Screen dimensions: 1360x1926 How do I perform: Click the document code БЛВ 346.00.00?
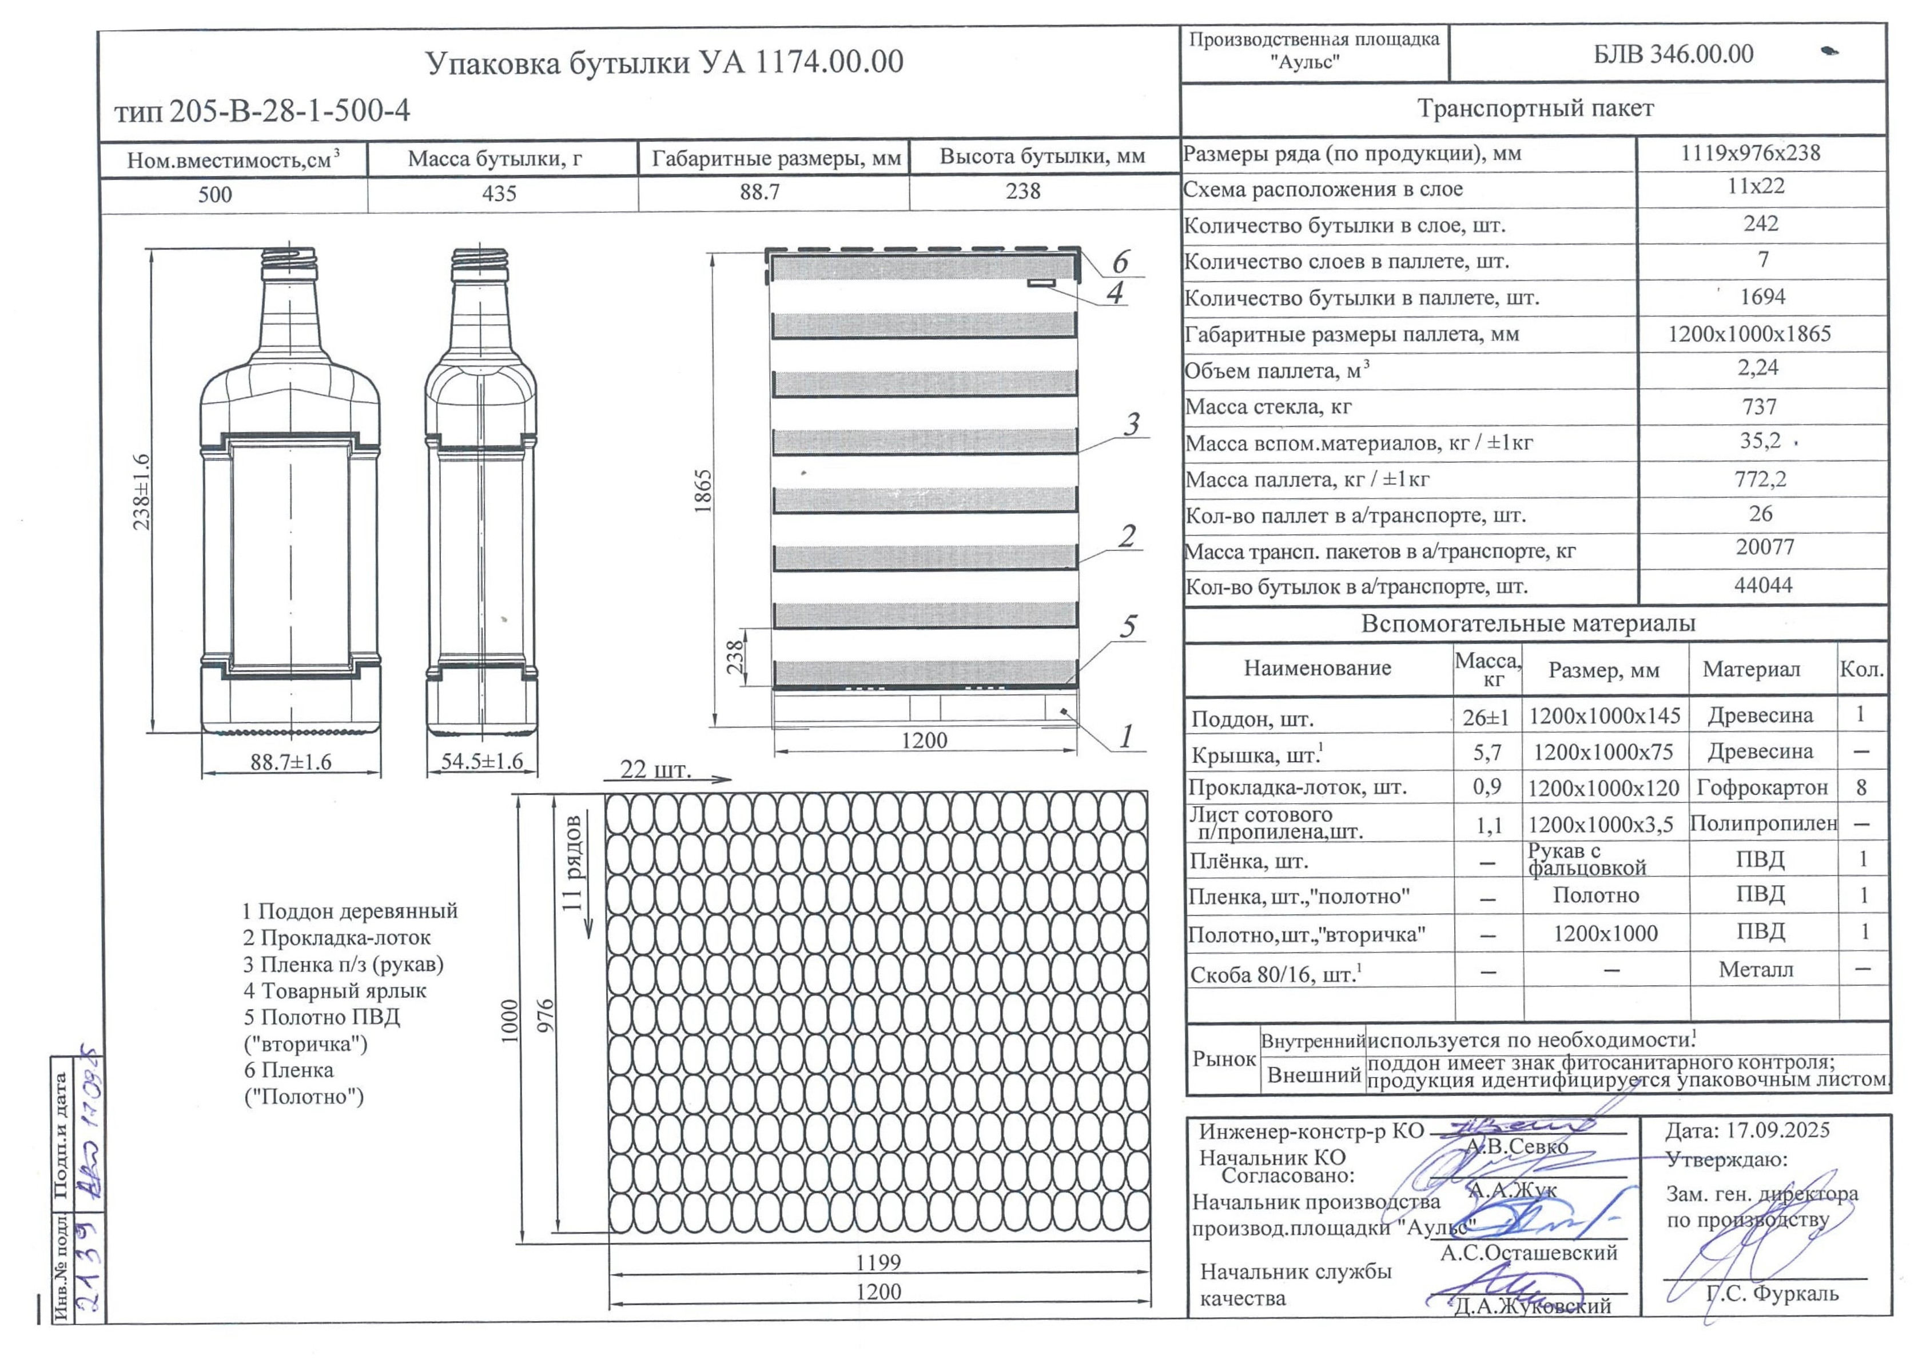click(1673, 54)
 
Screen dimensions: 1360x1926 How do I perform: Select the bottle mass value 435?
click(499, 194)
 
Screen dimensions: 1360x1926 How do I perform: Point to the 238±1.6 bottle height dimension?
click(142, 491)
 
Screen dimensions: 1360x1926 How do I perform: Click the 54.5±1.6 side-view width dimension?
click(481, 761)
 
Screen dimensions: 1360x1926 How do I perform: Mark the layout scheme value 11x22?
click(1756, 186)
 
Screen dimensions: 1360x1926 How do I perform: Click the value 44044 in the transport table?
click(1762, 585)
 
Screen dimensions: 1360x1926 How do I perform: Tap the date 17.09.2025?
click(1748, 1130)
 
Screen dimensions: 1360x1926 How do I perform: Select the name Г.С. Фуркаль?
click(1772, 1293)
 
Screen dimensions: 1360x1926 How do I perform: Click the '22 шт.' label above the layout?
click(655, 770)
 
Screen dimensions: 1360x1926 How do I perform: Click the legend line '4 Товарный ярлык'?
click(335, 990)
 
